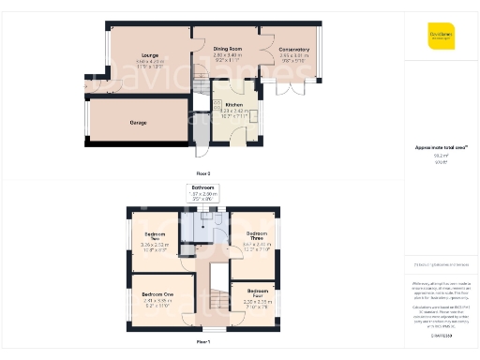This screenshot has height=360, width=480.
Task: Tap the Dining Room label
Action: click(227, 48)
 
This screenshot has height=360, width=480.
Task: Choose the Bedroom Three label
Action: click(256, 236)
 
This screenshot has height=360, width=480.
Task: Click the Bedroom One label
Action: click(157, 294)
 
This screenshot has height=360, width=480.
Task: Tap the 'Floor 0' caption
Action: click(203, 173)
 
